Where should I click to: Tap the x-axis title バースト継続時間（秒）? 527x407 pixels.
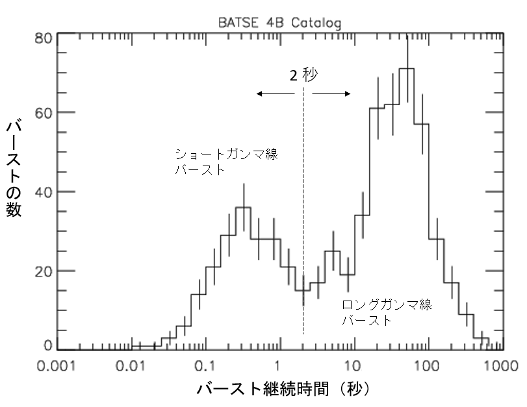[x=283, y=389]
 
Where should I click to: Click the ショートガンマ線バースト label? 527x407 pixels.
[x=230, y=162]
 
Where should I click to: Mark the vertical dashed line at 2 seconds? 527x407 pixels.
[x=303, y=214]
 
